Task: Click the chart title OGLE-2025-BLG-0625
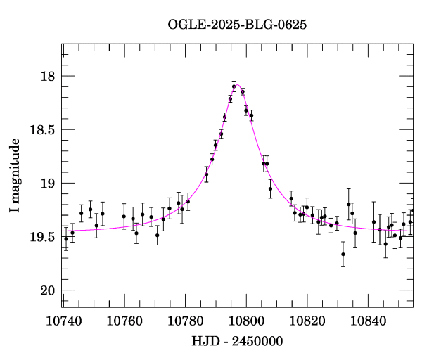[237, 25]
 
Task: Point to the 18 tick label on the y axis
[46, 76]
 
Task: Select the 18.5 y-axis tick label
[41, 129]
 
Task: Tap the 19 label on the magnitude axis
[46, 184]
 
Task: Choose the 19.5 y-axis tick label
[41, 237]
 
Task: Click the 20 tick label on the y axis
[46, 290]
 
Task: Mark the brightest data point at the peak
[234, 86]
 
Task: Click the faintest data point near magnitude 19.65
[343, 254]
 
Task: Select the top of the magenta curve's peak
[237, 84]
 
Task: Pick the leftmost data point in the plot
[66, 239]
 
